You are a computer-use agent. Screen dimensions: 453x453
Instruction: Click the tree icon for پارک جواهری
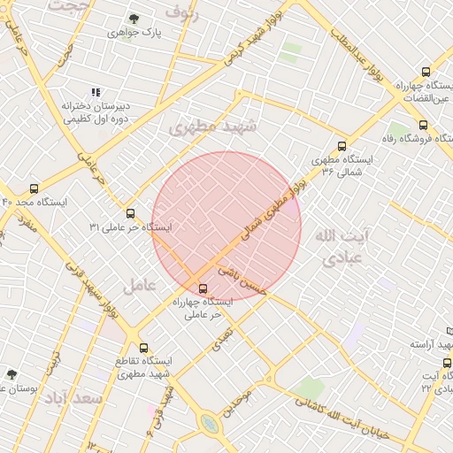[x=134, y=19]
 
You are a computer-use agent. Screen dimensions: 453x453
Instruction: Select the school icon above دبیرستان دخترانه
[x=96, y=92]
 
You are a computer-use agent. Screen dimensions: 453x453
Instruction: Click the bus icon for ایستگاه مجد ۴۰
[x=35, y=188]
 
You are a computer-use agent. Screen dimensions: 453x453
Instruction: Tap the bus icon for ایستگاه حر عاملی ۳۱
[x=131, y=213]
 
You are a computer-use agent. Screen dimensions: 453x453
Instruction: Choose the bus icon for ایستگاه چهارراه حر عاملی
[x=203, y=288]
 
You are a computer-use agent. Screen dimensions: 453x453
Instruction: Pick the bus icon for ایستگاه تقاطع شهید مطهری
[x=144, y=348]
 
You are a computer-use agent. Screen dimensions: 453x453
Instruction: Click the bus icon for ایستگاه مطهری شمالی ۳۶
[x=342, y=147]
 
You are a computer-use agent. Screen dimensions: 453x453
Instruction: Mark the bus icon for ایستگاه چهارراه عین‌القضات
[x=426, y=73]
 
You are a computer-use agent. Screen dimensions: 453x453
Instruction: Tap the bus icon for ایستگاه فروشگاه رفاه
[x=423, y=125]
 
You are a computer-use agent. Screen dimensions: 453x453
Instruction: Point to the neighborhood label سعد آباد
[x=75, y=400]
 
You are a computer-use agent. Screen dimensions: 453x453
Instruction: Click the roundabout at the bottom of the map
[x=210, y=424]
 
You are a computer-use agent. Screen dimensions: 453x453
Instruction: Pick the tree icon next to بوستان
[x=12, y=374]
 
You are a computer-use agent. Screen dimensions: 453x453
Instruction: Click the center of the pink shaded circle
[x=226, y=226]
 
